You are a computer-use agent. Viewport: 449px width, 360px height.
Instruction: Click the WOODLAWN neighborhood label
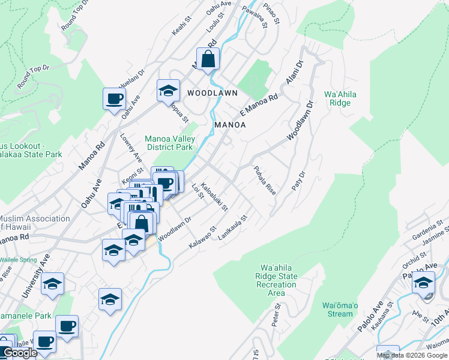pos(212,93)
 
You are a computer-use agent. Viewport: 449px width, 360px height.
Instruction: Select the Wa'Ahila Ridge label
pos(337,98)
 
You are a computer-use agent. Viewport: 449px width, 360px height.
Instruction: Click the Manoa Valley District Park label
pos(170,143)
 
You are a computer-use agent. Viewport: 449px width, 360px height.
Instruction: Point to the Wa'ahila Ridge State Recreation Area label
pos(277,280)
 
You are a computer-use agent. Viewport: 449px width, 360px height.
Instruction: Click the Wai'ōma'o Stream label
pos(340,310)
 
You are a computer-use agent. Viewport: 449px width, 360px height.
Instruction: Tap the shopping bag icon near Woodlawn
pos(208,60)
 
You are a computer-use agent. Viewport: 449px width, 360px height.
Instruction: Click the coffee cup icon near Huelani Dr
pos(114,100)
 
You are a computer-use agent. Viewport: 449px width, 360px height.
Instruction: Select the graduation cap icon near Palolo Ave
pos(424,283)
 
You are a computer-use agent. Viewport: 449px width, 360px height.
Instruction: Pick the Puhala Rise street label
pos(264,181)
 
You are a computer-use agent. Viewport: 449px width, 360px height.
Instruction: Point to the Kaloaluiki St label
pos(214,197)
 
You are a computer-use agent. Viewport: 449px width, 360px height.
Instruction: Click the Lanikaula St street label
pos(233,229)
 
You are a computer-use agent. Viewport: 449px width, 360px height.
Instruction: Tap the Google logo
pos(20,353)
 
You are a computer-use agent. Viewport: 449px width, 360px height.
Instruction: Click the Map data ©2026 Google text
pos(412,355)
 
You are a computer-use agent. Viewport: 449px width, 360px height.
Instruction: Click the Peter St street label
pos(277,316)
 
